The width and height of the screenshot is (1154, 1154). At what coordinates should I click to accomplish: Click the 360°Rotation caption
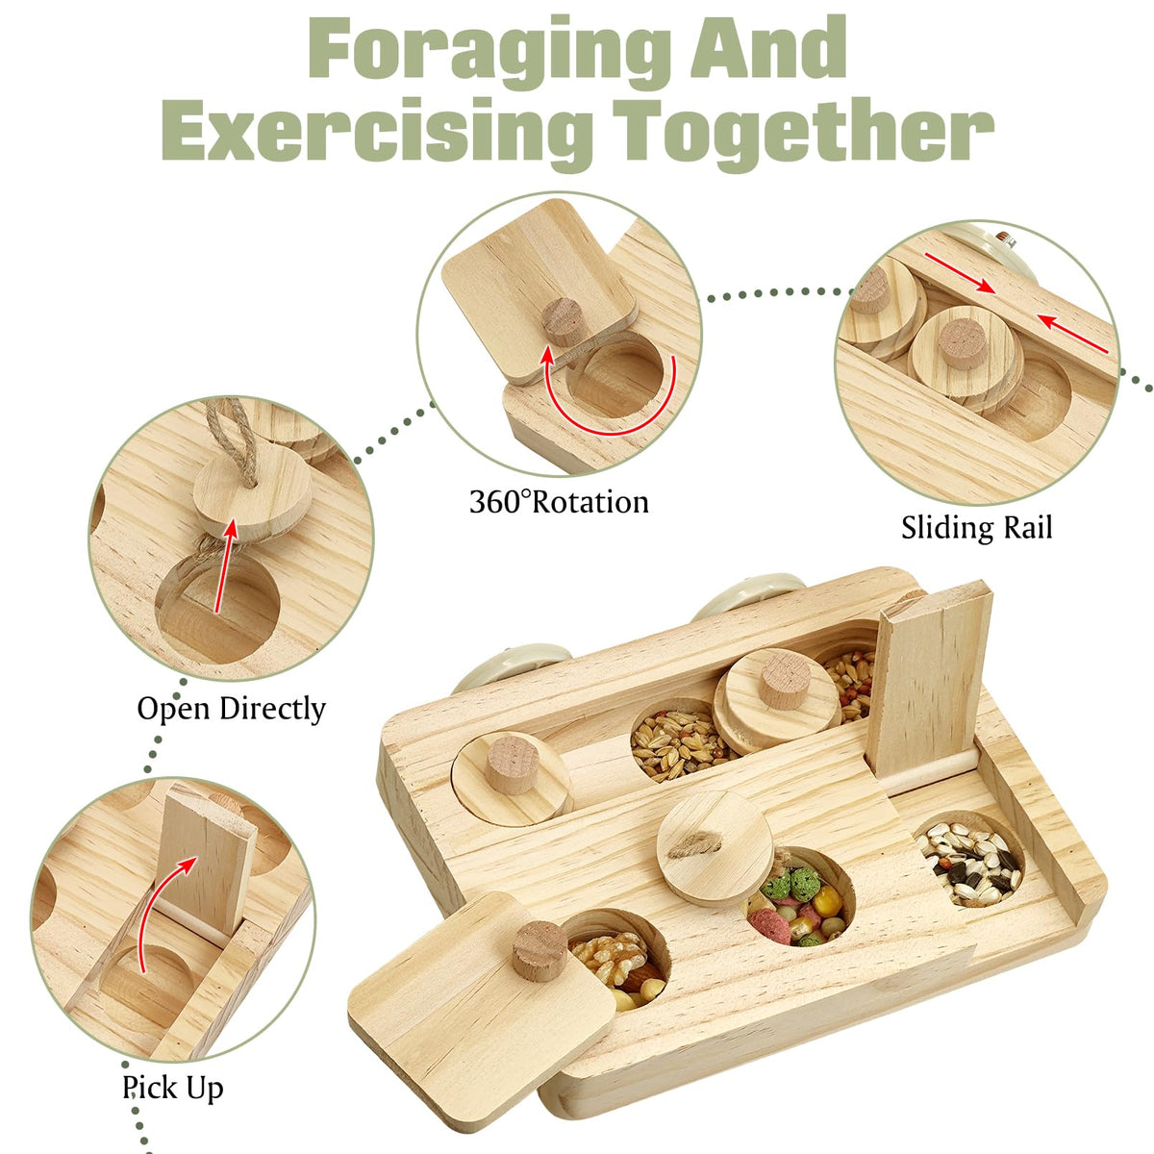[x=559, y=501]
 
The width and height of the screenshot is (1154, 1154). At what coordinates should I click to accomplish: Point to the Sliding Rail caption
[x=976, y=528]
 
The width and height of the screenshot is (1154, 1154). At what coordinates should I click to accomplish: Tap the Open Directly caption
[x=231, y=709]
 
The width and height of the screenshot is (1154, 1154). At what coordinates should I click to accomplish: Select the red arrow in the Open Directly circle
[x=224, y=565]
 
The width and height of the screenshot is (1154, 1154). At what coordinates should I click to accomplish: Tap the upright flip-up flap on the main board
[x=927, y=684]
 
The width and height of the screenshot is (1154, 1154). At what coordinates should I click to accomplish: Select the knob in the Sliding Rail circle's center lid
[x=963, y=344]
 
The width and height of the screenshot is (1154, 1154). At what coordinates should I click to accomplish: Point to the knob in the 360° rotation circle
[x=563, y=321]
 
